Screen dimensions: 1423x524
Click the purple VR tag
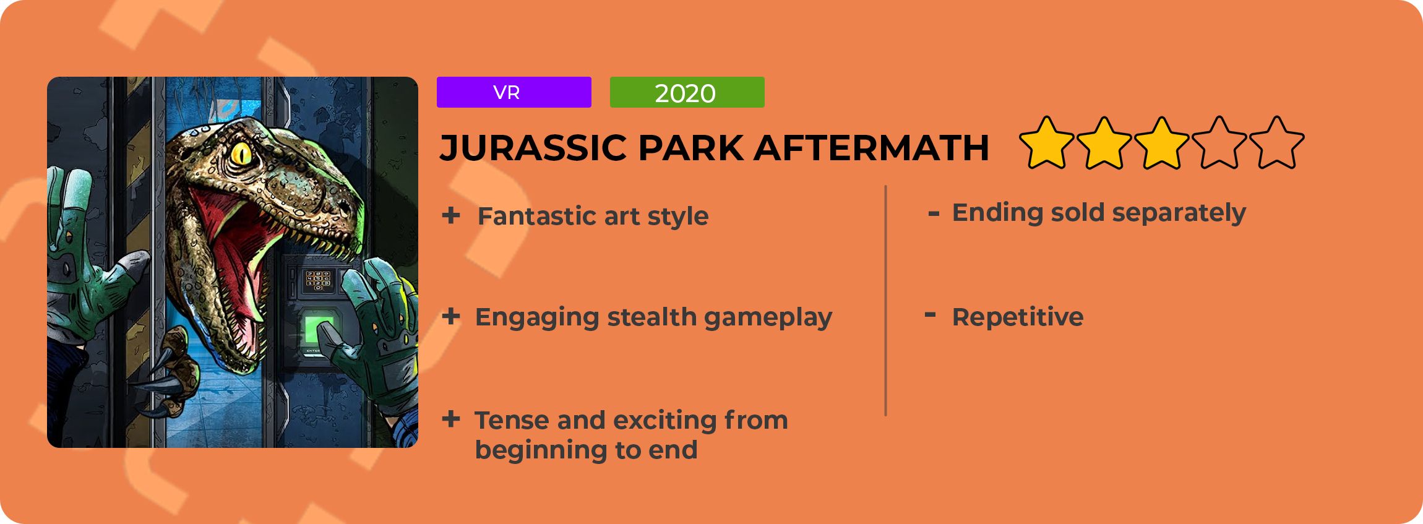[x=514, y=92]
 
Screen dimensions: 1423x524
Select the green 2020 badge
[x=687, y=92]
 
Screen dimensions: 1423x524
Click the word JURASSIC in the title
[x=533, y=148]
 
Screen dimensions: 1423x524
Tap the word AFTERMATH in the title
[x=872, y=148]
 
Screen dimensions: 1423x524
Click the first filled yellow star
[x=1047, y=144]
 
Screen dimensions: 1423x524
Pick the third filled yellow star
[x=1162, y=144]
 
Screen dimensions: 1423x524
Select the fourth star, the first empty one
[x=1219, y=144]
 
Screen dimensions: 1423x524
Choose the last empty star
[x=1277, y=144]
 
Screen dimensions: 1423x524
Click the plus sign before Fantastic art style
[x=451, y=215]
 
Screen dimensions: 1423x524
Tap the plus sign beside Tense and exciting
[x=451, y=419]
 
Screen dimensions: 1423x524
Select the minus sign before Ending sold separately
[x=934, y=214]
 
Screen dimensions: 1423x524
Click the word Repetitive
[x=1018, y=317]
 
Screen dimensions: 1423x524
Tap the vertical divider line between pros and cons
[x=886, y=301]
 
